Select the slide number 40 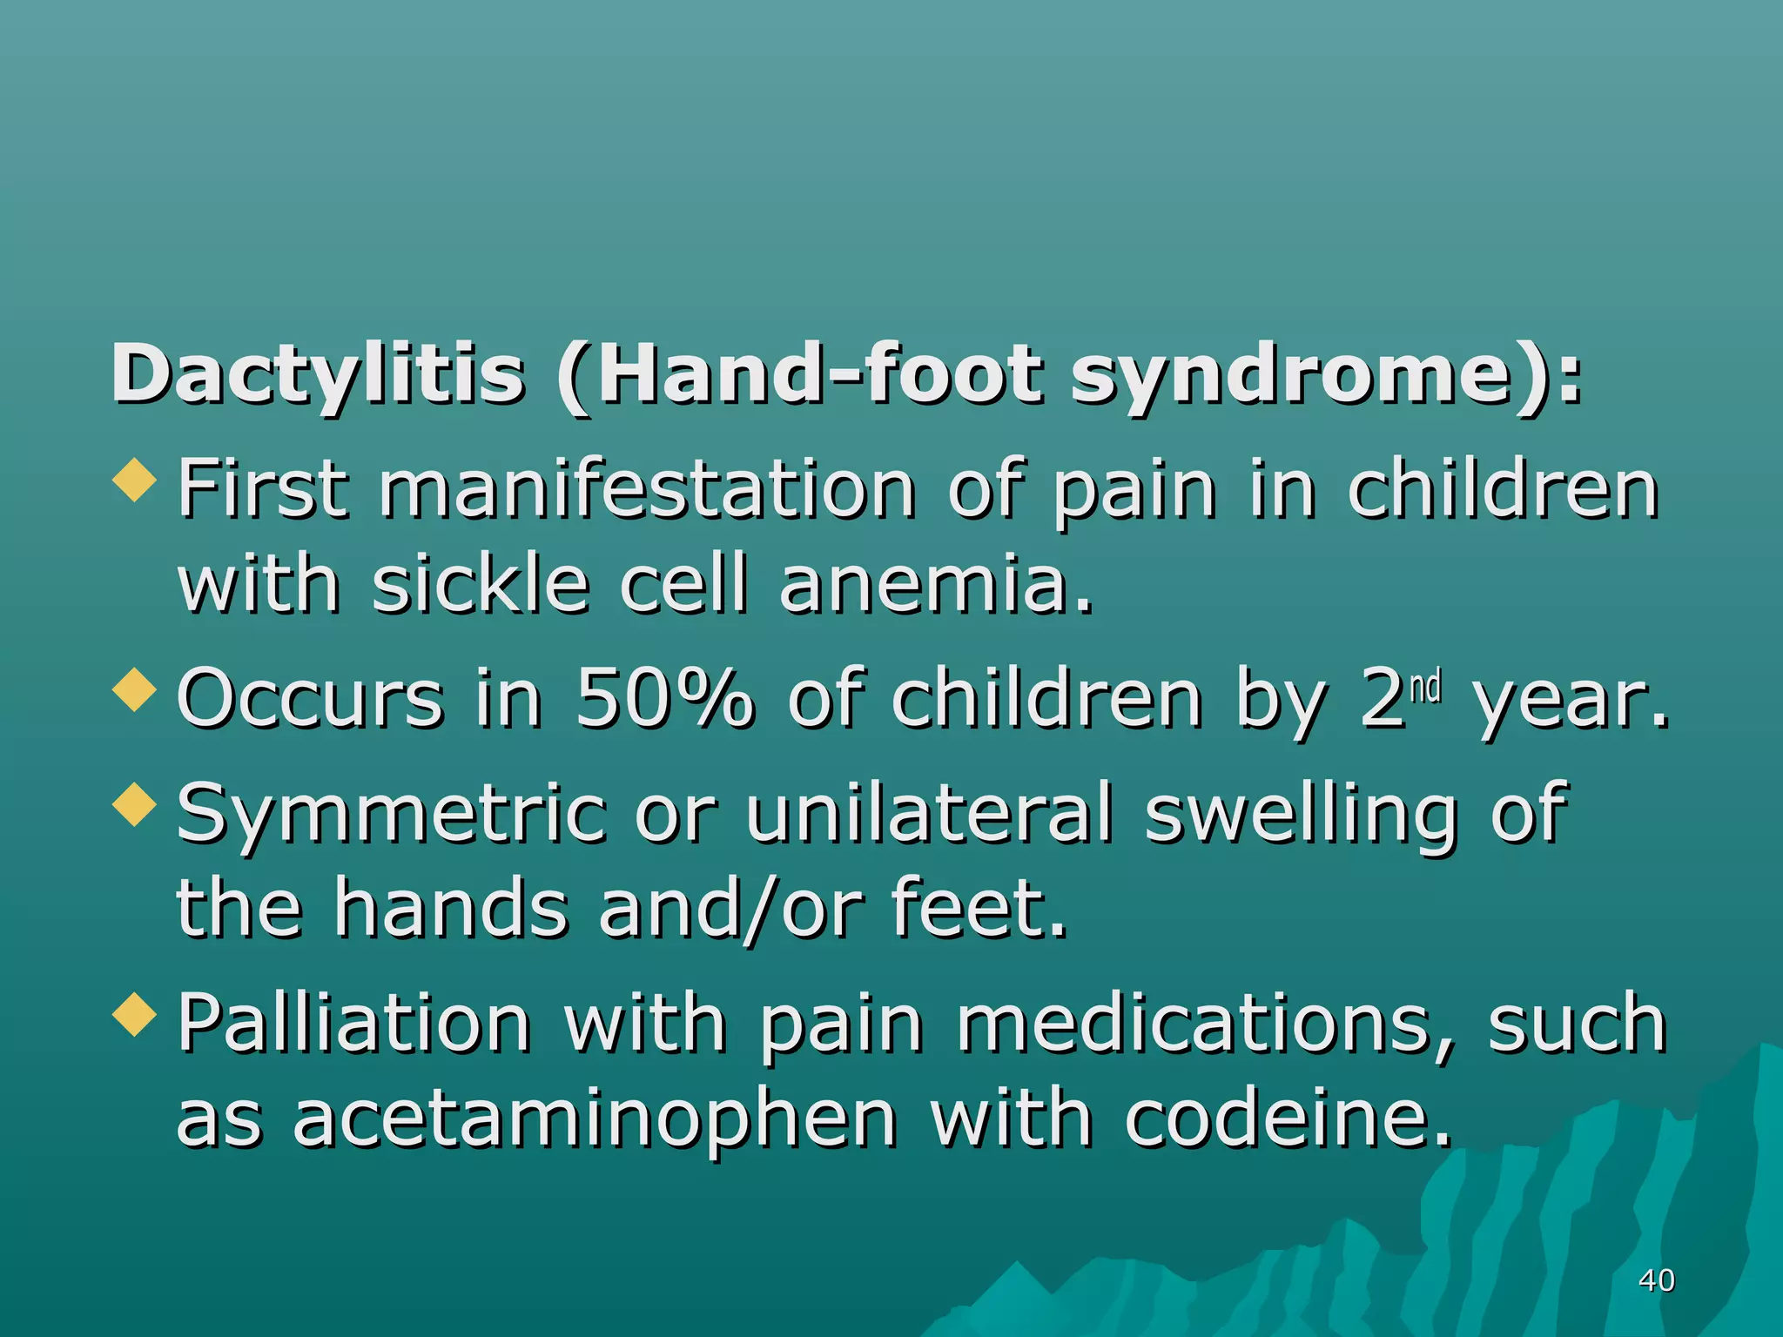[1656, 1280]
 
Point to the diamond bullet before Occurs [135, 689]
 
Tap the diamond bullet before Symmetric [135, 803]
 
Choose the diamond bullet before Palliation [135, 1014]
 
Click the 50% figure [664, 698]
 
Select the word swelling [1300, 814]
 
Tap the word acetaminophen [595, 1119]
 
